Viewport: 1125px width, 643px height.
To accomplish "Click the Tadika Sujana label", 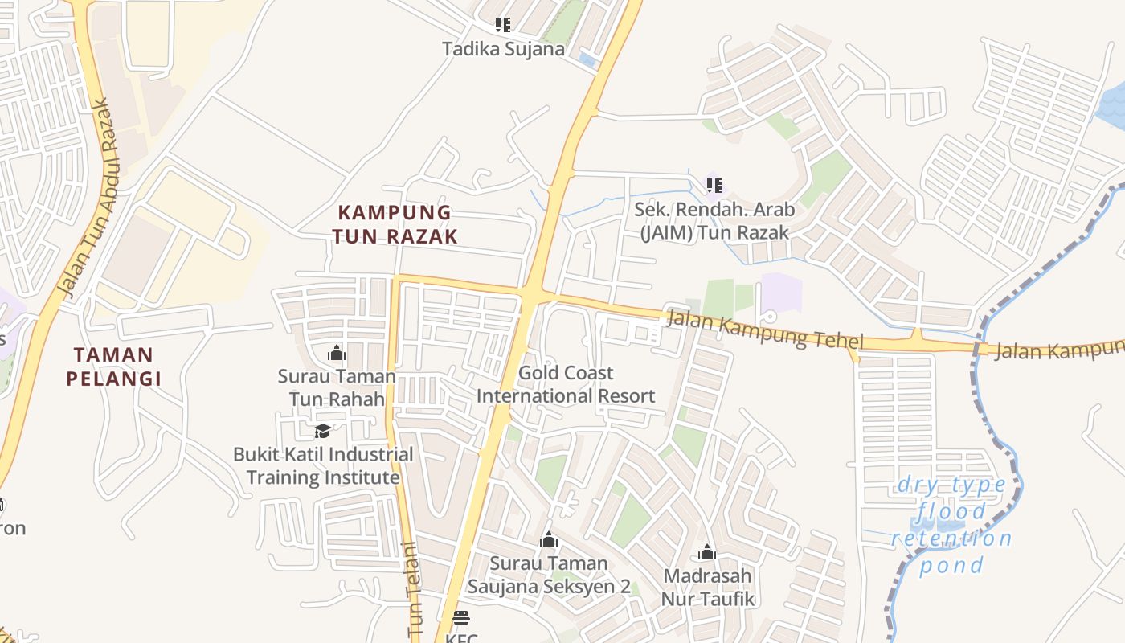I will (x=503, y=49).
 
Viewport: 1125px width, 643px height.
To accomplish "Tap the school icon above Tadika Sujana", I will (x=503, y=25).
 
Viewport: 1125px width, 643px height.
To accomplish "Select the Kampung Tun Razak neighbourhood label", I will (x=397, y=224).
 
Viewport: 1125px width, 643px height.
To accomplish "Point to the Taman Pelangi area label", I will (x=114, y=367).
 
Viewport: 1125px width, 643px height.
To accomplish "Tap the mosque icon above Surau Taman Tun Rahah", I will (x=337, y=353).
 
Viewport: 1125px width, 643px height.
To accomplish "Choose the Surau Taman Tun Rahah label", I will (x=337, y=387).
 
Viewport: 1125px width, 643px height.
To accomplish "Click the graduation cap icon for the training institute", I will (x=322, y=432).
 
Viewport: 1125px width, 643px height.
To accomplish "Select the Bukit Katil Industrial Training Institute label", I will (x=323, y=465).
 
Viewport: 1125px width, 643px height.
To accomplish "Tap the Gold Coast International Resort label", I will (x=566, y=384).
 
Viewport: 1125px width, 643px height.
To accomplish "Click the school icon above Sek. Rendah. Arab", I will (x=714, y=186).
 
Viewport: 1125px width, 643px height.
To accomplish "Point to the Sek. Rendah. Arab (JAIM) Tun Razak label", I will (x=714, y=221).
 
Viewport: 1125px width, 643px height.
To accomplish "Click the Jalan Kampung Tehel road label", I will (x=765, y=330).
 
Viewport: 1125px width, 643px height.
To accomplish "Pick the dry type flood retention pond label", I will (x=951, y=525).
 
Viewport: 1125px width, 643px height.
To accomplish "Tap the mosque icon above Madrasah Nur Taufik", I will (x=707, y=552).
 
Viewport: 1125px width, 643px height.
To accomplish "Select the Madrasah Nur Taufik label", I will (x=707, y=587).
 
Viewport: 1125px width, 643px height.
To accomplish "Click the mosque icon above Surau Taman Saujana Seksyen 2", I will (x=549, y=539).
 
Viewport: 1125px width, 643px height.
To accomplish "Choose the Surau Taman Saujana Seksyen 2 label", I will (x=550, y=575).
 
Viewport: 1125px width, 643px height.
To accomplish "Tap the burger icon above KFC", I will (x=460, y=618).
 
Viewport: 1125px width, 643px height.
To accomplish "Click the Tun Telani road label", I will (x=413, y=591).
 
